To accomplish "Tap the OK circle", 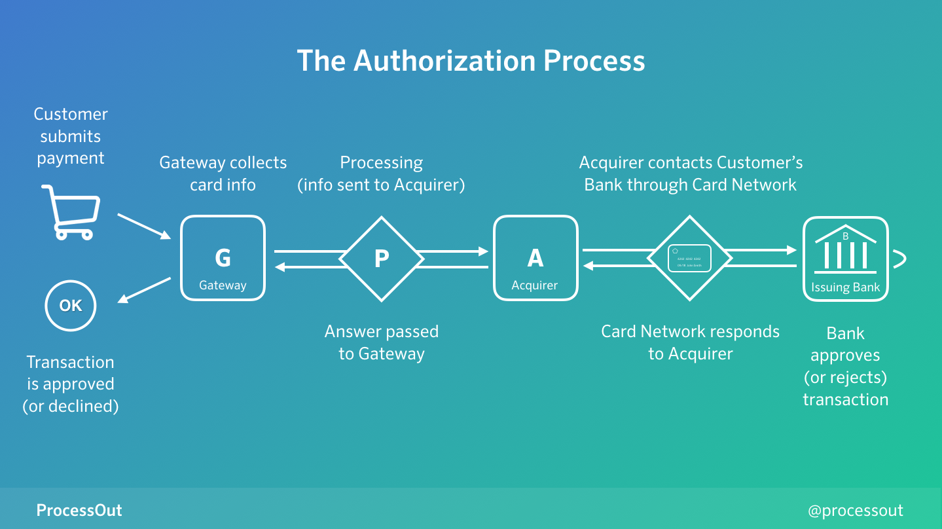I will click(x=71, y=306).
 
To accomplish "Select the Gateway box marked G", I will click(x=223, y=259).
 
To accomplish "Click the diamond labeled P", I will click(x=382, y=259).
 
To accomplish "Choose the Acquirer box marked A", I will click(x=535, y=259).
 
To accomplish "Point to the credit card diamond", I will click(x=689, y=258).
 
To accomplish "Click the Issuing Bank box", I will click(x=845, y=259).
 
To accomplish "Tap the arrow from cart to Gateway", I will click(x=144, y=226).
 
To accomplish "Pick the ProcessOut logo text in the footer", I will click(x=79, y=510).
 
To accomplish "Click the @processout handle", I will click(x=856, y=510).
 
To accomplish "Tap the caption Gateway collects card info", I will click(x=223, y=173).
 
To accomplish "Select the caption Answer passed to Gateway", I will click(x=382, y=342).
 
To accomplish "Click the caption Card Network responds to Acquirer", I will click(x=690, y=342).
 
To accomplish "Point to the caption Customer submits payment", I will click(x=71, y=136).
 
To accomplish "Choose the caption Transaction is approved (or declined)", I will click(x=71, y=384).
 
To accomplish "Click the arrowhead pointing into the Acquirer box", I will click(x=484, y=251).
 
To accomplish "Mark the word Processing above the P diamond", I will click(x=381, y=162).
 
